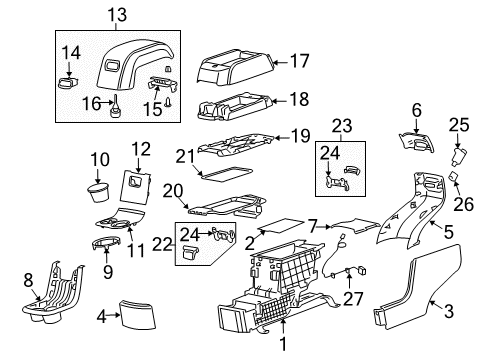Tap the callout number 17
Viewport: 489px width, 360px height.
click(298, 61)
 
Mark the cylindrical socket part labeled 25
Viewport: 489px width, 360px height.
click(462, 156)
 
